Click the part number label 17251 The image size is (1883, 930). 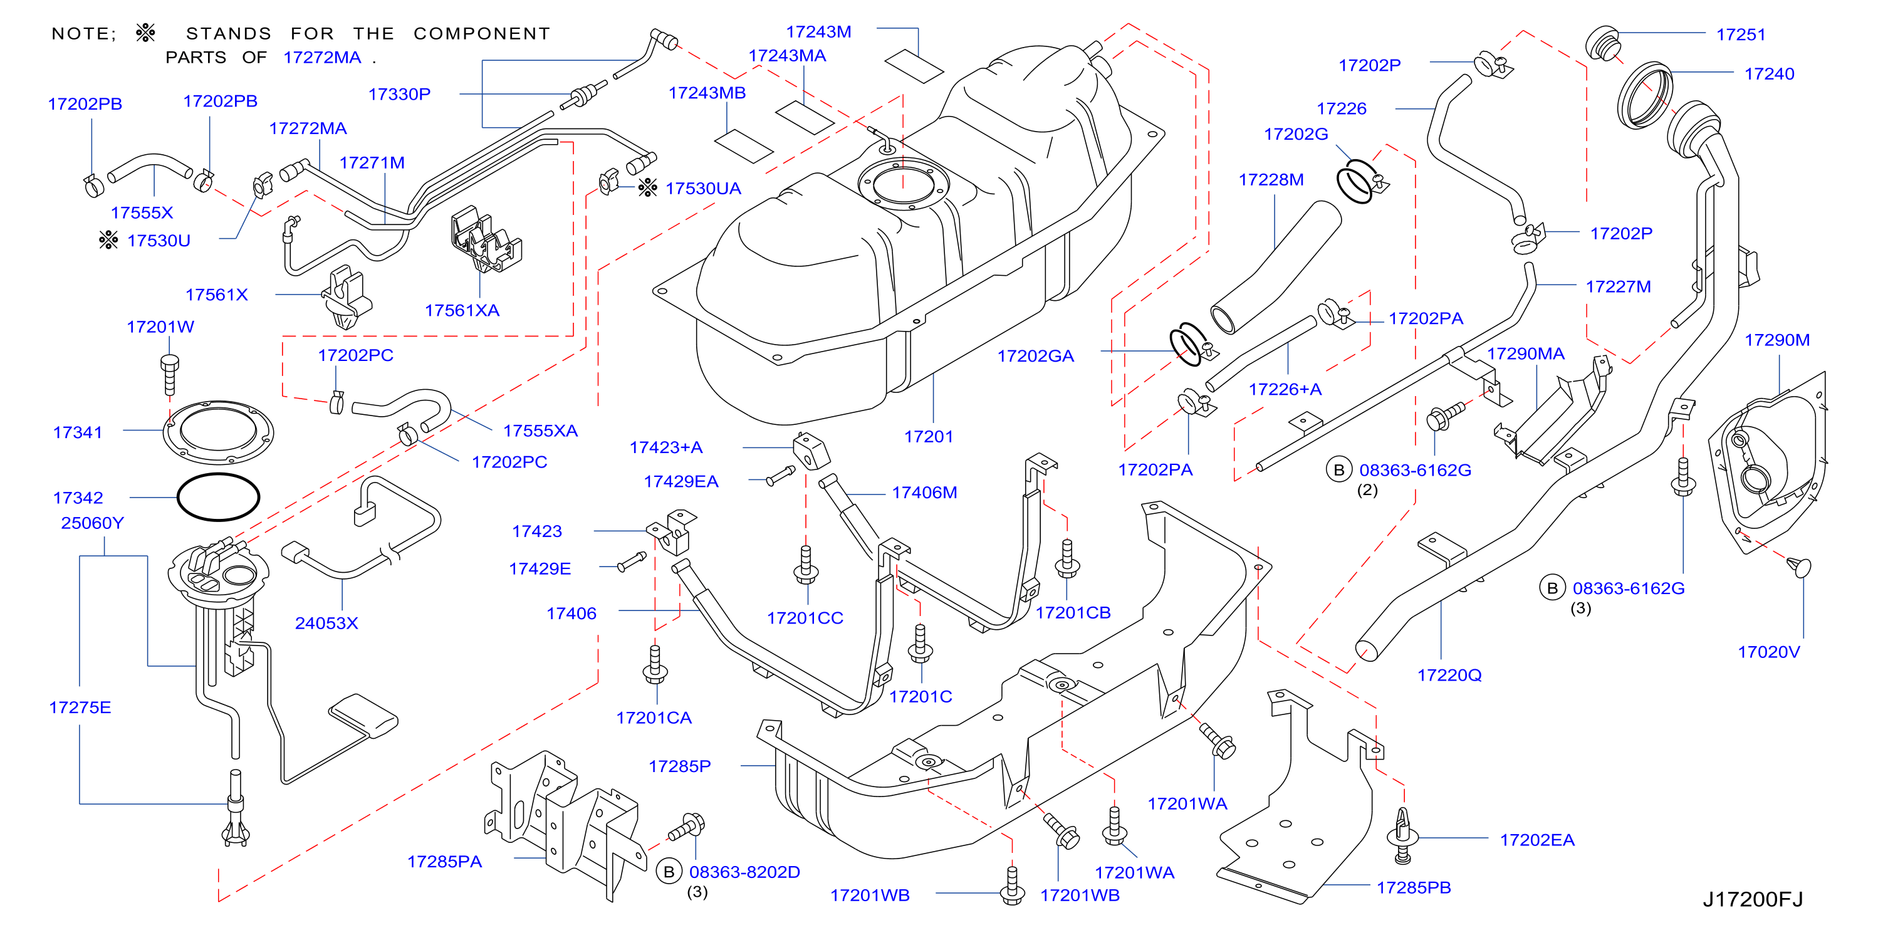1741,34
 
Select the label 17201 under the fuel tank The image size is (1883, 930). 929,436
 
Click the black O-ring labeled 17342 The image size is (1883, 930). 218,497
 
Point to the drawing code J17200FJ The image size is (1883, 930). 1752,899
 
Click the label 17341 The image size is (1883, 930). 78,432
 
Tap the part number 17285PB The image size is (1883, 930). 1413,887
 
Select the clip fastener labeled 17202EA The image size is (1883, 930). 1402,837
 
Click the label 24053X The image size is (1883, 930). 326,623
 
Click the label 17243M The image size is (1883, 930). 818,32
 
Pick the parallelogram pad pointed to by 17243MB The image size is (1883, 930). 743,146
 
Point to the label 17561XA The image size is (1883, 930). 462,310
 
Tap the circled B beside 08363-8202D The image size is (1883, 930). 668,872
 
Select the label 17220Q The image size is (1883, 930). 1449,675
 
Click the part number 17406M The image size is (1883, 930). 924,493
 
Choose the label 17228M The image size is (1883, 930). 1270,180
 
